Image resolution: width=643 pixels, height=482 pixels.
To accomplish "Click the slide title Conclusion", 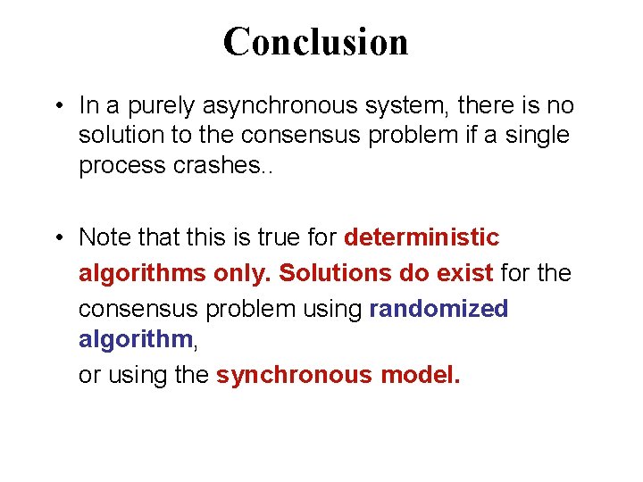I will point(315,42).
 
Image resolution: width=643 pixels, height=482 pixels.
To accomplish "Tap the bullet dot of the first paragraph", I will point(57,107).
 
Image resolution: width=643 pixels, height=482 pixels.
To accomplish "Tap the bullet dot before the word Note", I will point(57,238).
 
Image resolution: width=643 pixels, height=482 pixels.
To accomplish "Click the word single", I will point(536,137).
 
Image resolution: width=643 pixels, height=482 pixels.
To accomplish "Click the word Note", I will point(103,238).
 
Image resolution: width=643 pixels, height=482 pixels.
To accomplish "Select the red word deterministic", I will point(422,238).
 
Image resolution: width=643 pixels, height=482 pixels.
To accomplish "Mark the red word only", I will point(243,273).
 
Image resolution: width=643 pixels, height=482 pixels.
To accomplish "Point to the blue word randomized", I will point(438,309).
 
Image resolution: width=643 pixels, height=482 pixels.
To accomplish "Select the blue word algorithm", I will point(135,340).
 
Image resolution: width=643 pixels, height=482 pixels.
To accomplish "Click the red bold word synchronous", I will point(294,375).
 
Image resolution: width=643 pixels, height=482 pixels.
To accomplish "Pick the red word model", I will point(421,375).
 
